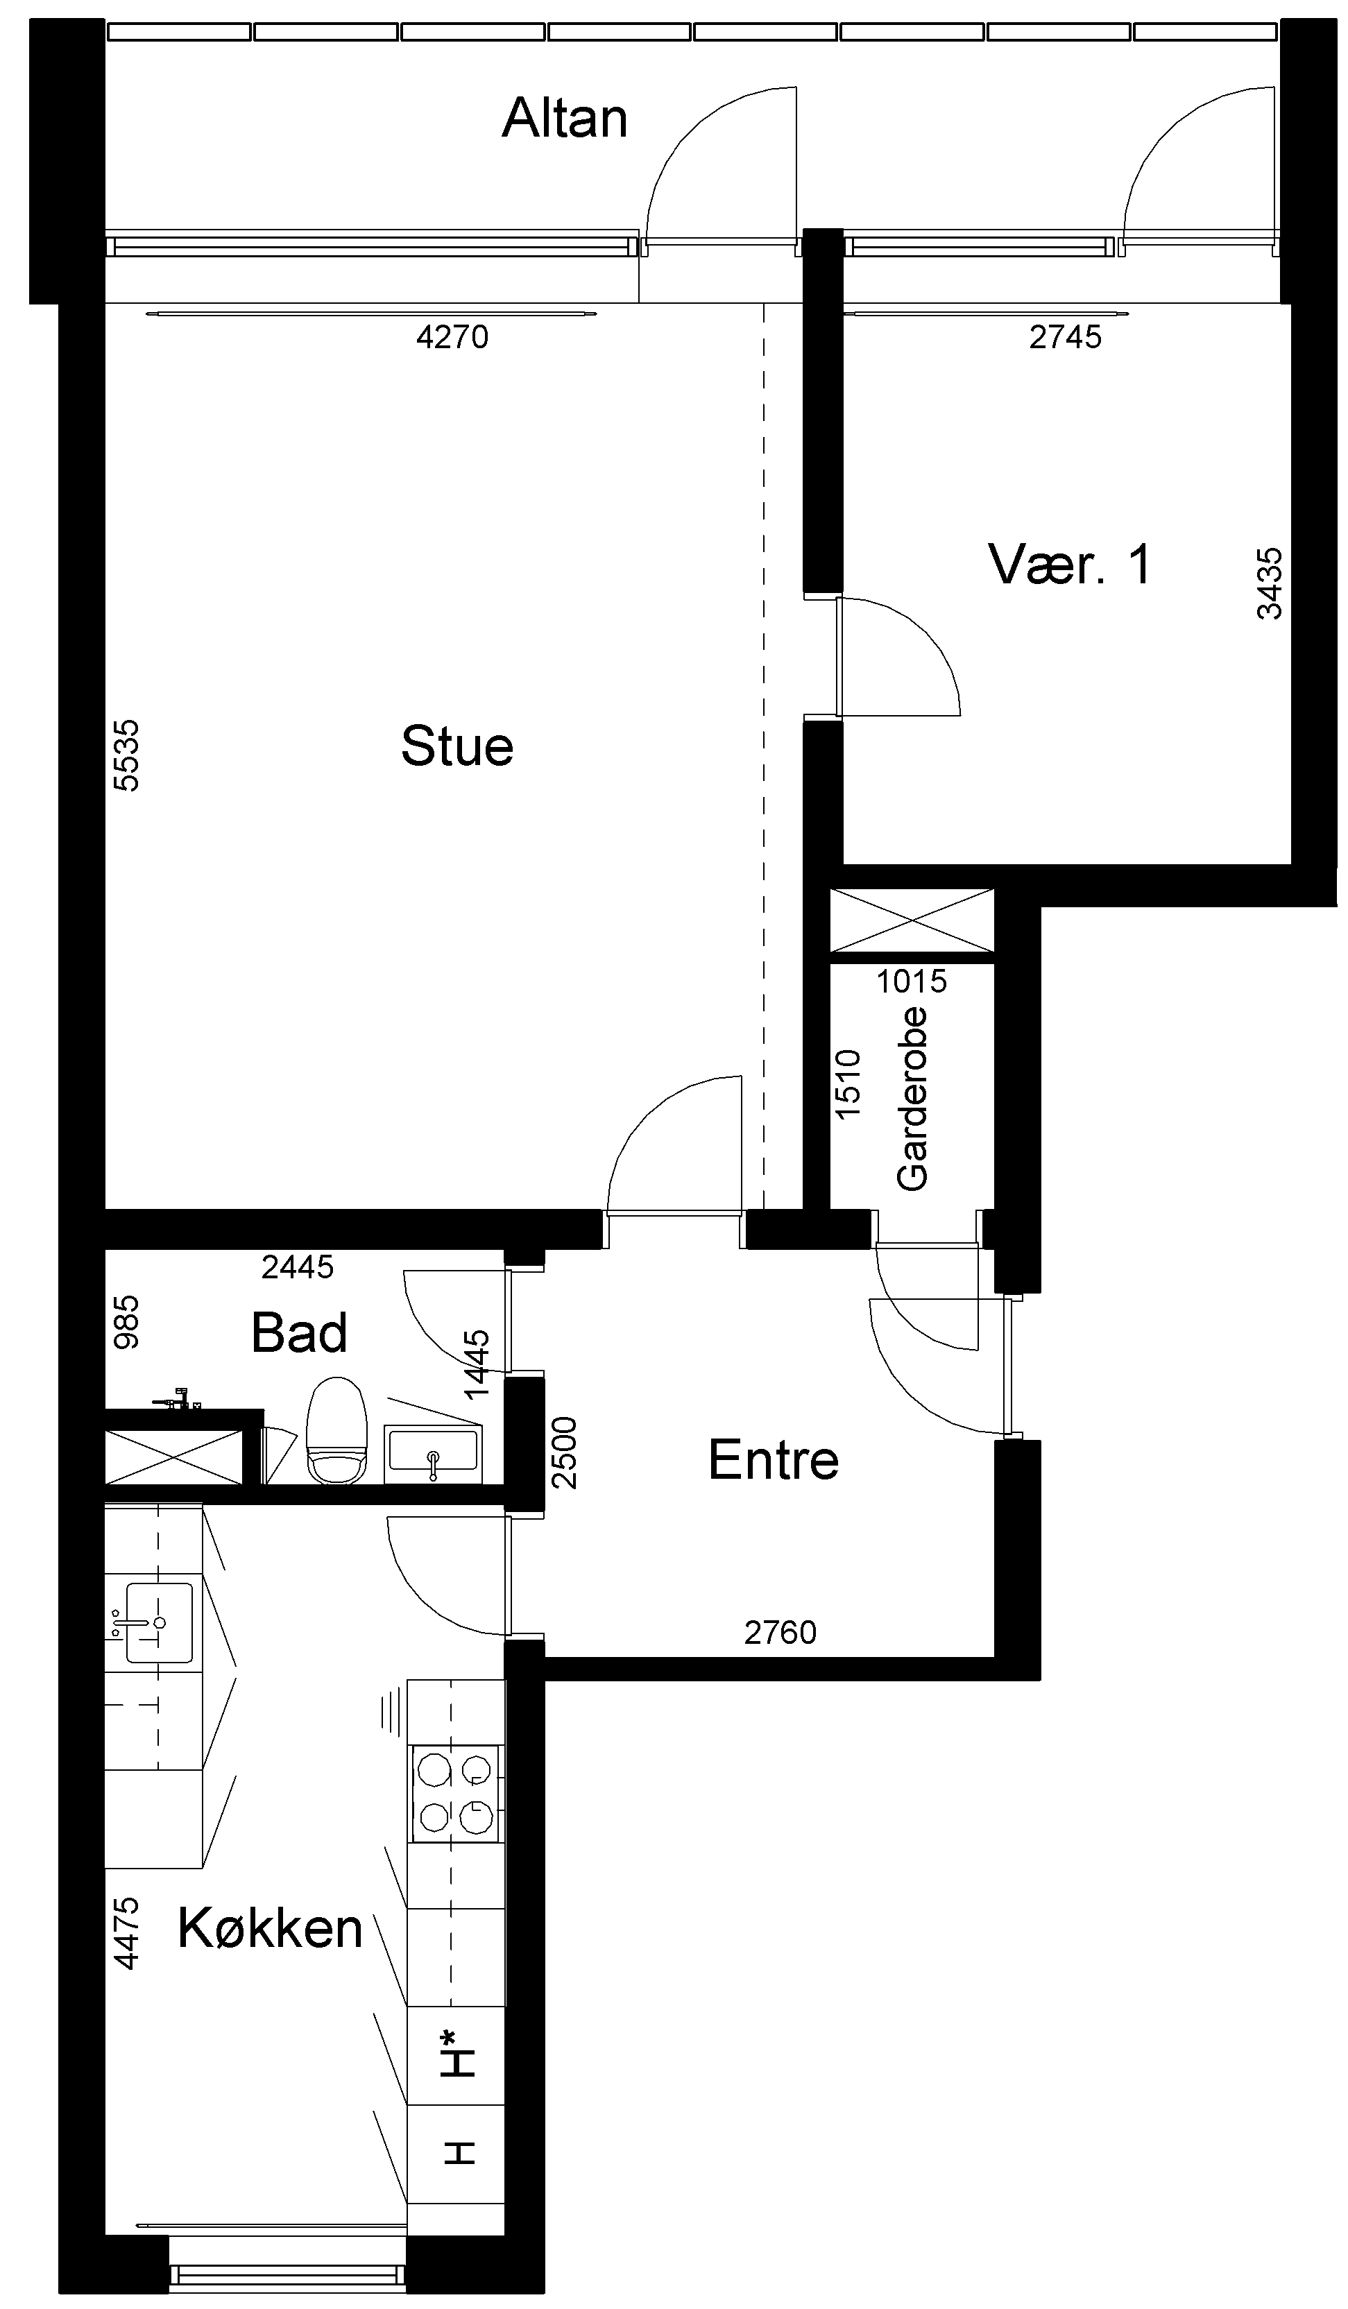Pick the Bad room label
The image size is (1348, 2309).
(299, 1332)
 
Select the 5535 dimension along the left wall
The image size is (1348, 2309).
(126, 755)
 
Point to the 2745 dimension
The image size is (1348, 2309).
(1065, 337)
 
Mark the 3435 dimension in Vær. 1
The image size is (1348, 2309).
(1269, 583)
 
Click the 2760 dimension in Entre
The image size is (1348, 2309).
(780, 1632)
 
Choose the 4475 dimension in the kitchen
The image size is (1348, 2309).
(126, 1933)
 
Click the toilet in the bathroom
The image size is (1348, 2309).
(336, 1430)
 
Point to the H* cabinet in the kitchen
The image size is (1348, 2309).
(455, 2054)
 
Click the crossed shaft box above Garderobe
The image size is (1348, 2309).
(912, 920)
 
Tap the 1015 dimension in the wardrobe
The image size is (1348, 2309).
(911, 981)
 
